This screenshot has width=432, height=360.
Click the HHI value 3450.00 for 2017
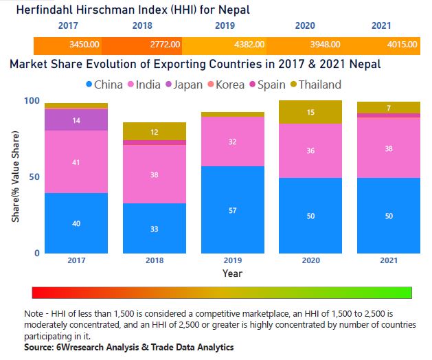pos(84,45)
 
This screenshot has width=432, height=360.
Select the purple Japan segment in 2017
pos(76,120)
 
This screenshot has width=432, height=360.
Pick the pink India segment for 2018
pos(155,174)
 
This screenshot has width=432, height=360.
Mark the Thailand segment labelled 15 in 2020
pos(311,112)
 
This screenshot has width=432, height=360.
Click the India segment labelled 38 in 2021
pos(389,148)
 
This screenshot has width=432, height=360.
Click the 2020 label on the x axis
pos(310,261)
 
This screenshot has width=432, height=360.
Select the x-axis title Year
pos(232,273)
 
